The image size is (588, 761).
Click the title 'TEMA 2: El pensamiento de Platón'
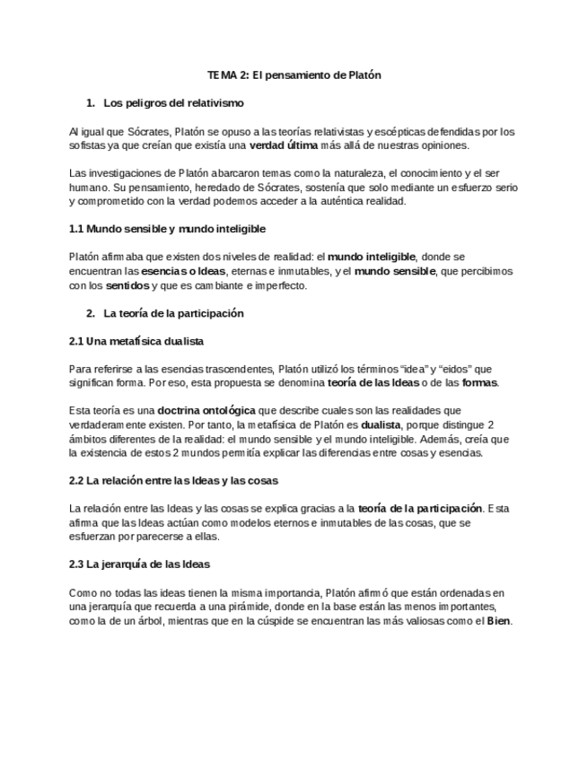click(x=294, y=75)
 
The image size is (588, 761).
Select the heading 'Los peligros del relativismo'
click(x=173, y=103)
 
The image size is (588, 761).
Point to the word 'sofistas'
click(x=87, y=145)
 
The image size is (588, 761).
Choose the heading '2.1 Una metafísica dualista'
click(x=136, y=341)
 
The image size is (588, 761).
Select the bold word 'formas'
click(x=478, y=383)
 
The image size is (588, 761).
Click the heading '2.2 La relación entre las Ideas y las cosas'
click(x=174, y=481)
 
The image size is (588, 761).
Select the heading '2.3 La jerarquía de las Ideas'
click(x=140, y=565)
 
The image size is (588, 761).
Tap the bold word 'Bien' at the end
click(x=497, y=622)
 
